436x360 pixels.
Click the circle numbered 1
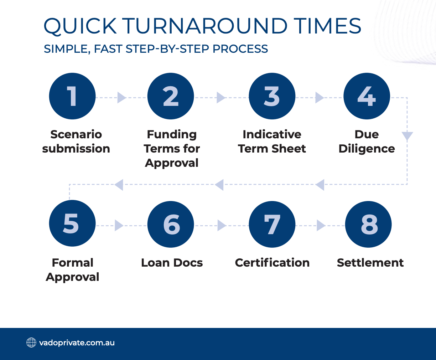72,96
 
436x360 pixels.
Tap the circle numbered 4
367,96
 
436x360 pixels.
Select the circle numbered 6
171,224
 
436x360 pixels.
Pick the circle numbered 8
368,224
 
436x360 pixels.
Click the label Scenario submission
76,142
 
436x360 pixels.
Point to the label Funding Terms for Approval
172,149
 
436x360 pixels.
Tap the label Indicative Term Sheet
272,142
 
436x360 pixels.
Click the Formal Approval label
72,270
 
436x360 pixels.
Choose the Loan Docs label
172,263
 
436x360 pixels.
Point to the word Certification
272,263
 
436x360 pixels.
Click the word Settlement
370,263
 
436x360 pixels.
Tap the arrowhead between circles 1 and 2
121,98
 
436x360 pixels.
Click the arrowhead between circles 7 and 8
321,225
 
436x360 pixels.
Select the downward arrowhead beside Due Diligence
407,136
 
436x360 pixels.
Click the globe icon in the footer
31,343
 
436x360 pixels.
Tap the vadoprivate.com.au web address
77,343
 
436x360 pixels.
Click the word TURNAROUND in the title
205,26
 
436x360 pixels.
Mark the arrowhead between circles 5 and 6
119,225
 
